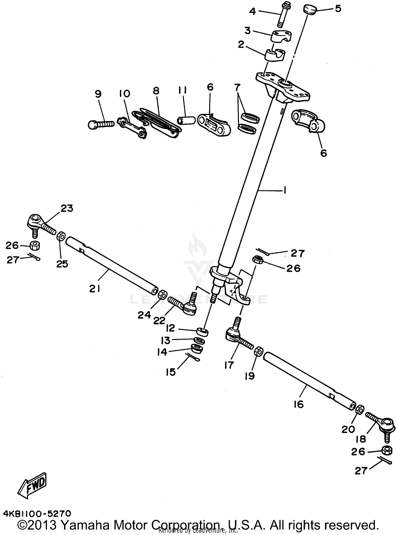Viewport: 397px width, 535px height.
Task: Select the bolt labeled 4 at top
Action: tap(280, 15)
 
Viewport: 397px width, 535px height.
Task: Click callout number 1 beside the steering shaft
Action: tap(285, 190)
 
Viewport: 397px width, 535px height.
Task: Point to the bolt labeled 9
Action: tap(101, 124)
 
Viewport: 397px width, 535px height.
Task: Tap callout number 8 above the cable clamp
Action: tap(156, 91)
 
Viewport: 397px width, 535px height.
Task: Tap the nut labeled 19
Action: tap(258, 352)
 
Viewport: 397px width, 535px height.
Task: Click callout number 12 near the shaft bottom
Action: tap(170, 328)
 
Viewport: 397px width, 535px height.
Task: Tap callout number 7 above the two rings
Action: tap(237, 87)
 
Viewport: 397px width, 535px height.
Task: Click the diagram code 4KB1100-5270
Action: tap(37, 514)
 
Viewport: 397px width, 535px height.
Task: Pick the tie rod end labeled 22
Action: tap(185, 306)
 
